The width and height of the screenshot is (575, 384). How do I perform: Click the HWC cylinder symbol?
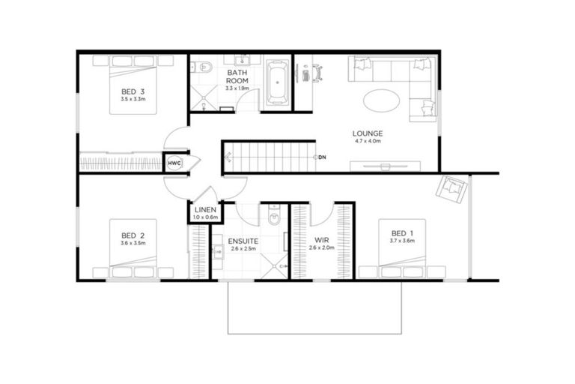coord(174,163)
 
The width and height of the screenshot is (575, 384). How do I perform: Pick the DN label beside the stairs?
coord(323,157)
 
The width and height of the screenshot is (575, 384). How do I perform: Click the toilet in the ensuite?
coord(274,218)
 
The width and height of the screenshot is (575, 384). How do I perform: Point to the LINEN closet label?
coord(205,210)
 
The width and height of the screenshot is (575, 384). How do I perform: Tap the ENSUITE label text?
coord(244,241)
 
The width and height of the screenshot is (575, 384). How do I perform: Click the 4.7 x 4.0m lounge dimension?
coord(368,141)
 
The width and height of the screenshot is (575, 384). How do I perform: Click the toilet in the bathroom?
coord(203,67)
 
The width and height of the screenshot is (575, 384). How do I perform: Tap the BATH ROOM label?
coord(237,77)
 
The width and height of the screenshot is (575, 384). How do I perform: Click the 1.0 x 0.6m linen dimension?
coord(205,217)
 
